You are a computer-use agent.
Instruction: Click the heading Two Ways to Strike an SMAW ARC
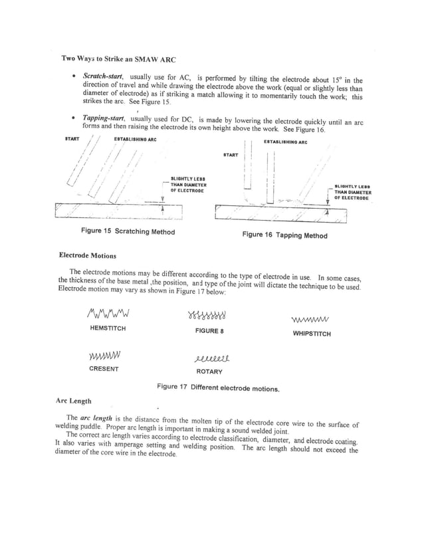pos(119,58)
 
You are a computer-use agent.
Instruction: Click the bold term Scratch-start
pos(103,77)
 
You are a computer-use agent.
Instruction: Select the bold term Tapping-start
pos(105,118)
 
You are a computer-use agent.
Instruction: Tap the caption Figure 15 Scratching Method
pos(128,231)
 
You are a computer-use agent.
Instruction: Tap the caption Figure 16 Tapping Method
pos(284,235)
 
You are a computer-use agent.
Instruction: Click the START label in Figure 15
pos(72,139)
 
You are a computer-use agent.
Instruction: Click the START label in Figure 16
pos(231,155)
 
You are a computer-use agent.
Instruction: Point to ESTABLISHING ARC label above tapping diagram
pos(285,142)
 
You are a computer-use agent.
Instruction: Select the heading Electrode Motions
pos(87,255)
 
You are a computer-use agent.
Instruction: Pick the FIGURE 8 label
pos(209,330)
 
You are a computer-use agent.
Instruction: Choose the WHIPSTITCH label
pos(311,334)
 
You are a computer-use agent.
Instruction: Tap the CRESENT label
pos(104,369)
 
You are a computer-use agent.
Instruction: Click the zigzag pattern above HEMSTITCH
pos(108,312)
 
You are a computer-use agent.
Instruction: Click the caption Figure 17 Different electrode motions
pos(218,387)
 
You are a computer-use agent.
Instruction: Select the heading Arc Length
pos(74,401)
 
